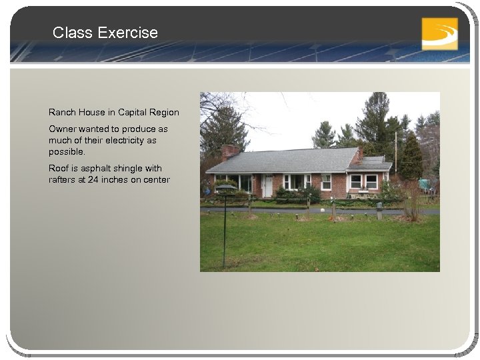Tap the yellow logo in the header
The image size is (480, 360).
tap(439, 33)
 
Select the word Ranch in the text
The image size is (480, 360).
tap(61, 112)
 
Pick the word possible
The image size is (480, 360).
tap(67, 151)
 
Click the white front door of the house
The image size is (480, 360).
tap(268, 185)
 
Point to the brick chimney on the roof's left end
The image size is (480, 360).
tap(231, 151)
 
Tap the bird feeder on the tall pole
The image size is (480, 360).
tap(225, 187)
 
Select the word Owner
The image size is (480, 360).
tap(62, 128)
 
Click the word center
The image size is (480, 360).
tap(157, 179)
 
